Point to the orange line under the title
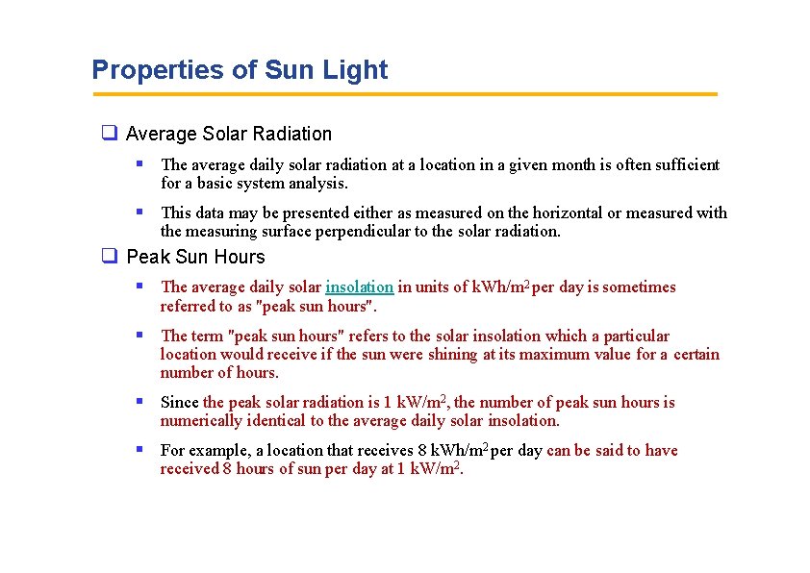(404, 94)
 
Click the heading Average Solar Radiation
(228, 134)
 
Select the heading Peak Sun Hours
(195, 257)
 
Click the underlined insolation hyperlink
(359, 286)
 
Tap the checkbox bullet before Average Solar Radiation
(110, 134)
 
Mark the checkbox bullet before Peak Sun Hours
(110, 257)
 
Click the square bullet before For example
(139, 449)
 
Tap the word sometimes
(642, 286)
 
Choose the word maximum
(529, 354)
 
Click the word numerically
(200, 420)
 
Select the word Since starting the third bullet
(180, 402)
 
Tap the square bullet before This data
(139, 212)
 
